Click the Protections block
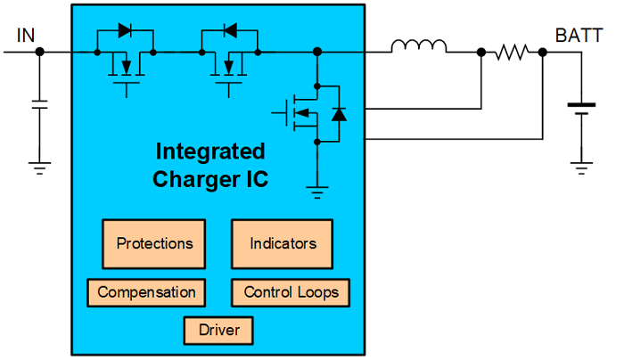click(x=154, y=243)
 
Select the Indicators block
click(x=283, y=243)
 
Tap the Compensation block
click(x=146, y=292)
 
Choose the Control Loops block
click(x=291, y=292)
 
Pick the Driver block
click(x=218, y=331)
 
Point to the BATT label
click(x=577, y=36)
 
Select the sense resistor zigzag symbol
click(x=512, y=53)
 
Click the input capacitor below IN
click(x=39, y=102)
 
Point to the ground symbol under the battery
click(x=581, y=164)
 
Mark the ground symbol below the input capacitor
click(x=39, y=164)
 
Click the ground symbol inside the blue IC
click(x=316, y=188)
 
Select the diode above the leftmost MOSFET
click(x=125, y=30)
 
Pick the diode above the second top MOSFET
click(x=229, y=30)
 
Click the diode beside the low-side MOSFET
click(x=338, y=113)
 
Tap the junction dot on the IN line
click(x=39, y=53)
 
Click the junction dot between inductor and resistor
click(x=481, y=53)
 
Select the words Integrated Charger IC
click(x=210, y=164)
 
